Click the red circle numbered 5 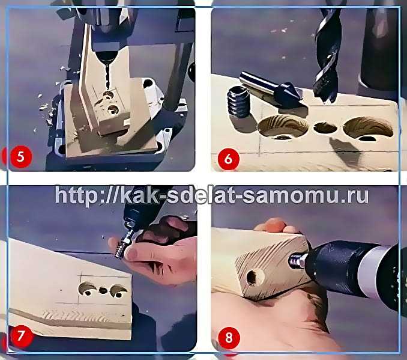click(x=21, y=157)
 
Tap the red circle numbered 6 click(x=229, y=159)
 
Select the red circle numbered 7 click(x=21, y=336)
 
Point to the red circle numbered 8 click(x=229, y=338)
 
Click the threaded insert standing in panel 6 click(x=239, y=102)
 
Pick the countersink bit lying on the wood click(x=272, y=89)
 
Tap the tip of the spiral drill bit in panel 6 click(x=324, y=103)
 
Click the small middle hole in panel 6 click(x=325, y=127)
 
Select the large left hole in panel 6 click(x=283, y=127)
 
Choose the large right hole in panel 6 click(x=369, y=129)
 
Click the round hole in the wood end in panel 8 click(x=252, y=277)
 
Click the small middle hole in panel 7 click(x=103, y=290)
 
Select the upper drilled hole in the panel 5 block click(x=107, y=94)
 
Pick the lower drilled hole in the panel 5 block click(x=113, y=109)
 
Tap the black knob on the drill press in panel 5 click(x=192, y=71)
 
